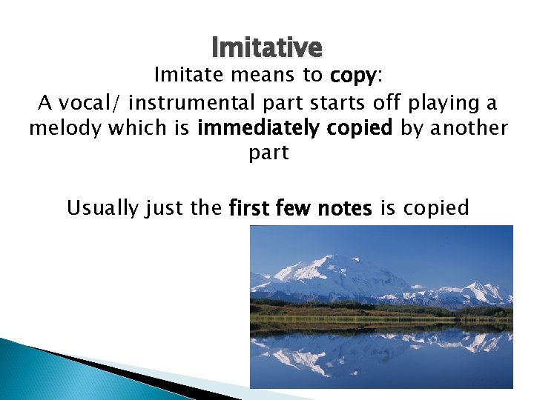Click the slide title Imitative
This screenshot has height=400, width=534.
[x=267, y=47]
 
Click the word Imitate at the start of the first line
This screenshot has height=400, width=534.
[x=182, y=75]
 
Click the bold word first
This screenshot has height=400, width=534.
[x=250, y=208]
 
